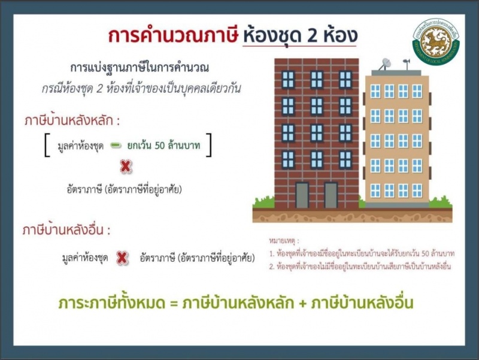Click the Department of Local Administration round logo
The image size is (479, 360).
[436, 42]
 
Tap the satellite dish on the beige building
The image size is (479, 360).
[385, 64]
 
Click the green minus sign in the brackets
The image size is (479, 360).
[116, 145]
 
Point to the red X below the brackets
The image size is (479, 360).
[126, 167]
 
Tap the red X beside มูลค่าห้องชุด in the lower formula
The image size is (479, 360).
[122, 258]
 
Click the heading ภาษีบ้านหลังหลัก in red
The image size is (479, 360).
[69, 121]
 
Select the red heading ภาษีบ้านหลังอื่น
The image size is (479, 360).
[63, 230]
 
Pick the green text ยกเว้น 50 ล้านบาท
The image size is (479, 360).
[163, 145]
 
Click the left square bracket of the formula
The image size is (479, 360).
[47, 145]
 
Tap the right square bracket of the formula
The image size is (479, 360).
[208, 145]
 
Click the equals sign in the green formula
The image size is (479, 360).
[174, 304]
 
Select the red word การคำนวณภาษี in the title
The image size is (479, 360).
[173, 35]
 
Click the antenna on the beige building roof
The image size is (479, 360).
[407, 63]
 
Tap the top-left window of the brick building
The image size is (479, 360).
[288, 79]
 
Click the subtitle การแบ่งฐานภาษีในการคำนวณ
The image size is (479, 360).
[140, 67]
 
